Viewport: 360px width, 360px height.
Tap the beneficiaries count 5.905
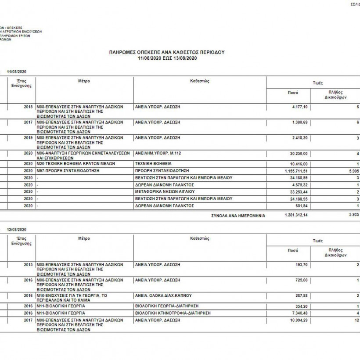coord(353,170)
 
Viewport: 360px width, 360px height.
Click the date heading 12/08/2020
coord(17,230)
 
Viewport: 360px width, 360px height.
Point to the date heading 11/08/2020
coord(17,72)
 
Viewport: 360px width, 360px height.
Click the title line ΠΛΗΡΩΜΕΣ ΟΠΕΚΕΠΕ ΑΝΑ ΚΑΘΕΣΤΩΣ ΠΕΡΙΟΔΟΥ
coord(167,52)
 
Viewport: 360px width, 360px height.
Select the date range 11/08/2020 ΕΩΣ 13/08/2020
coord(167,58)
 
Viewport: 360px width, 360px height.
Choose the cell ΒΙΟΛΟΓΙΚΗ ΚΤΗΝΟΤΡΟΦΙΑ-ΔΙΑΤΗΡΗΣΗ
coord(173,313)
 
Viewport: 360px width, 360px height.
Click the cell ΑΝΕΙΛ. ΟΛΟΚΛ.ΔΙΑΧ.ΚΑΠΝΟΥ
coord(163,296)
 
